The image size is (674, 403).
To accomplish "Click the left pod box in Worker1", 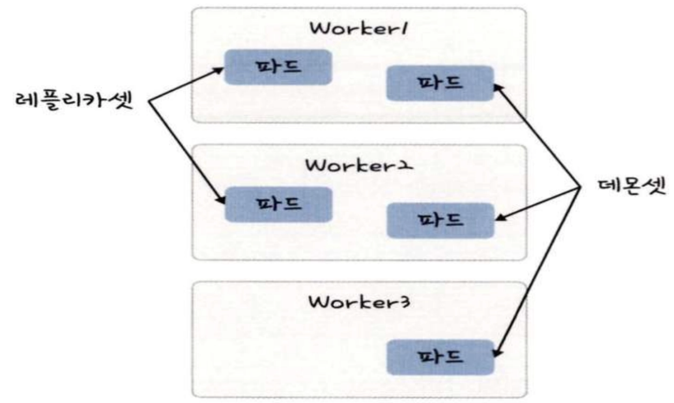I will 277,67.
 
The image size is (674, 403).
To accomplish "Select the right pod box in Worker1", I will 440,83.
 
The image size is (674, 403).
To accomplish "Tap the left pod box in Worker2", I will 277,204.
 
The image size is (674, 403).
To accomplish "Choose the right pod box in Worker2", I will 440,220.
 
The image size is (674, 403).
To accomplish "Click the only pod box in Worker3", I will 440,357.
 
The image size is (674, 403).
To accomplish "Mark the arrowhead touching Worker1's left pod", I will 222,69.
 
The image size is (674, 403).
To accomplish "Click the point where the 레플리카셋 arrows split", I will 148,101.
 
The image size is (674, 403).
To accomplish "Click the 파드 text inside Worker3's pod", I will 440,357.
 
